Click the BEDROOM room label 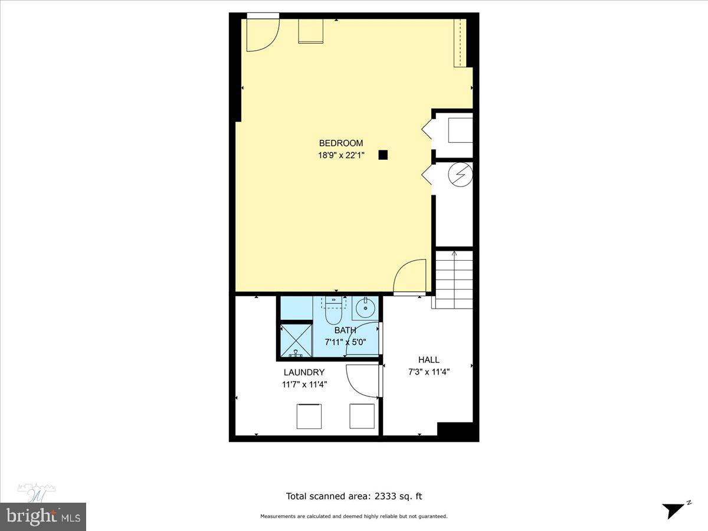340,143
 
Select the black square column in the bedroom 383,155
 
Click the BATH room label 345,330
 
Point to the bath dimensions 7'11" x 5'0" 345,342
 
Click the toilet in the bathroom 333,310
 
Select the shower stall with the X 295,340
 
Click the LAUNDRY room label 304,372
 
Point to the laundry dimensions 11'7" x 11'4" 304,384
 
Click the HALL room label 429,360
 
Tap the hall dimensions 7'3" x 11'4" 429,372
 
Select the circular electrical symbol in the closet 460,173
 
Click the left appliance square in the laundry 308,416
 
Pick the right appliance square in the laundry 362,416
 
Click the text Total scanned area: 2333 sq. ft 354,497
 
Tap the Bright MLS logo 42,516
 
